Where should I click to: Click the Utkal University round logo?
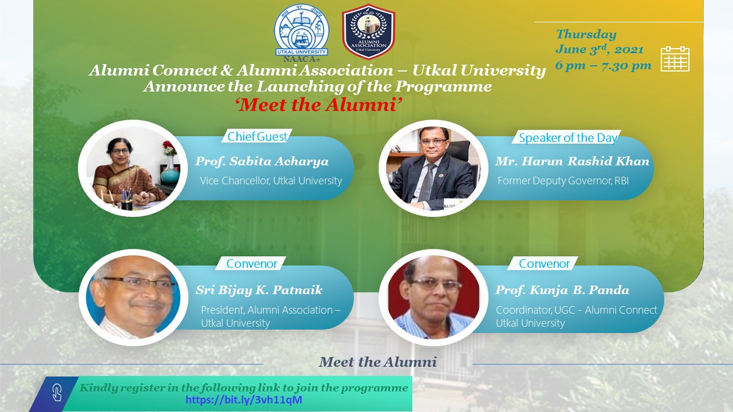pyautogui.click(x=301, y=30)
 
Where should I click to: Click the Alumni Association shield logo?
pyautogui.click(x=368, y=31)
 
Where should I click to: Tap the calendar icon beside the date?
pyautogui.click(x=675, y=59)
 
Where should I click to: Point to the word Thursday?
pyautogui.click(x=586, y=34)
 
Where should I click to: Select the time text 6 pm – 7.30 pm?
pyautogui.click(x=603, y=65)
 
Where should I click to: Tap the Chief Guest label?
pyautogui.click(x=257, y=137)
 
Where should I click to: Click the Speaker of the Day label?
pyautogui.click(x=568, y=138)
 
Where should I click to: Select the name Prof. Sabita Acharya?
pyautogui.click(x=262, y=161)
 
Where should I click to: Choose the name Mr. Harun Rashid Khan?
pyautogui.click(x=572, y=161)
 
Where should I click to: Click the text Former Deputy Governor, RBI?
pyautogui.click(x=563, y=180)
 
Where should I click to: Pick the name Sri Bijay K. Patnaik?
pyautogui.click(x=259, y=290)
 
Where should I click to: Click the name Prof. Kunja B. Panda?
pyautogui.click(x=562, y=290)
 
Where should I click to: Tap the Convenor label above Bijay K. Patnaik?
pyautogui.click(x=251, y=264)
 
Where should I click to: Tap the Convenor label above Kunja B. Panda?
pyautogui.click(x=544, y=264)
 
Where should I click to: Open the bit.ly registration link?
pyautogui.click(x=244, y=399)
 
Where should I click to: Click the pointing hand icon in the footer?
pyautogui.click(x=57, y=393)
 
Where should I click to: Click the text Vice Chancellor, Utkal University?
pyautogui.click(x=271, y=180)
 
